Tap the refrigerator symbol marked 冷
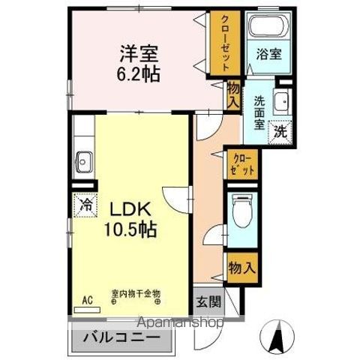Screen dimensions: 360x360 pos(85,202)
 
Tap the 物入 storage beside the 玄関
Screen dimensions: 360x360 pos(241,265)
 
